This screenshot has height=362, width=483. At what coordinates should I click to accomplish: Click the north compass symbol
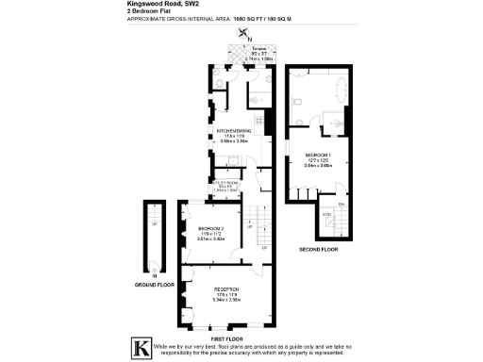247,35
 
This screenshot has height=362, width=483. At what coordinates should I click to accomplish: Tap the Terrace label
260,48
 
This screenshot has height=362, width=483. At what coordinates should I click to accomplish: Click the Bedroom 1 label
318,154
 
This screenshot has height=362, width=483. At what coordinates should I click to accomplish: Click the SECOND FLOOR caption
319,250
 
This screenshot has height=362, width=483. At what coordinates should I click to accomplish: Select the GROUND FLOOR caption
153,284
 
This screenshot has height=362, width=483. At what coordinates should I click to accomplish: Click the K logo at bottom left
142,346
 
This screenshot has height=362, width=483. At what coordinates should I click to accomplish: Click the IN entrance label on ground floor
153,274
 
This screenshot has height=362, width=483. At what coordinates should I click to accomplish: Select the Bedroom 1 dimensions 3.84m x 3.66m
318,165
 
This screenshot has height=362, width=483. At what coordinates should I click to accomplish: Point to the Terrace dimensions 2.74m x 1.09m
259,58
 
